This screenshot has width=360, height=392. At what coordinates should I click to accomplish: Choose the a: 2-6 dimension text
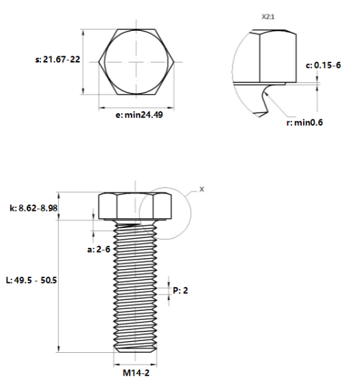(x=99, y=249)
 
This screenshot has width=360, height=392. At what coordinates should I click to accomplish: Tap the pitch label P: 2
(x=180, y=290)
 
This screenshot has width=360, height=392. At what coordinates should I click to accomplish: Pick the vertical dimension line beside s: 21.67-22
(x=84, y=62)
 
